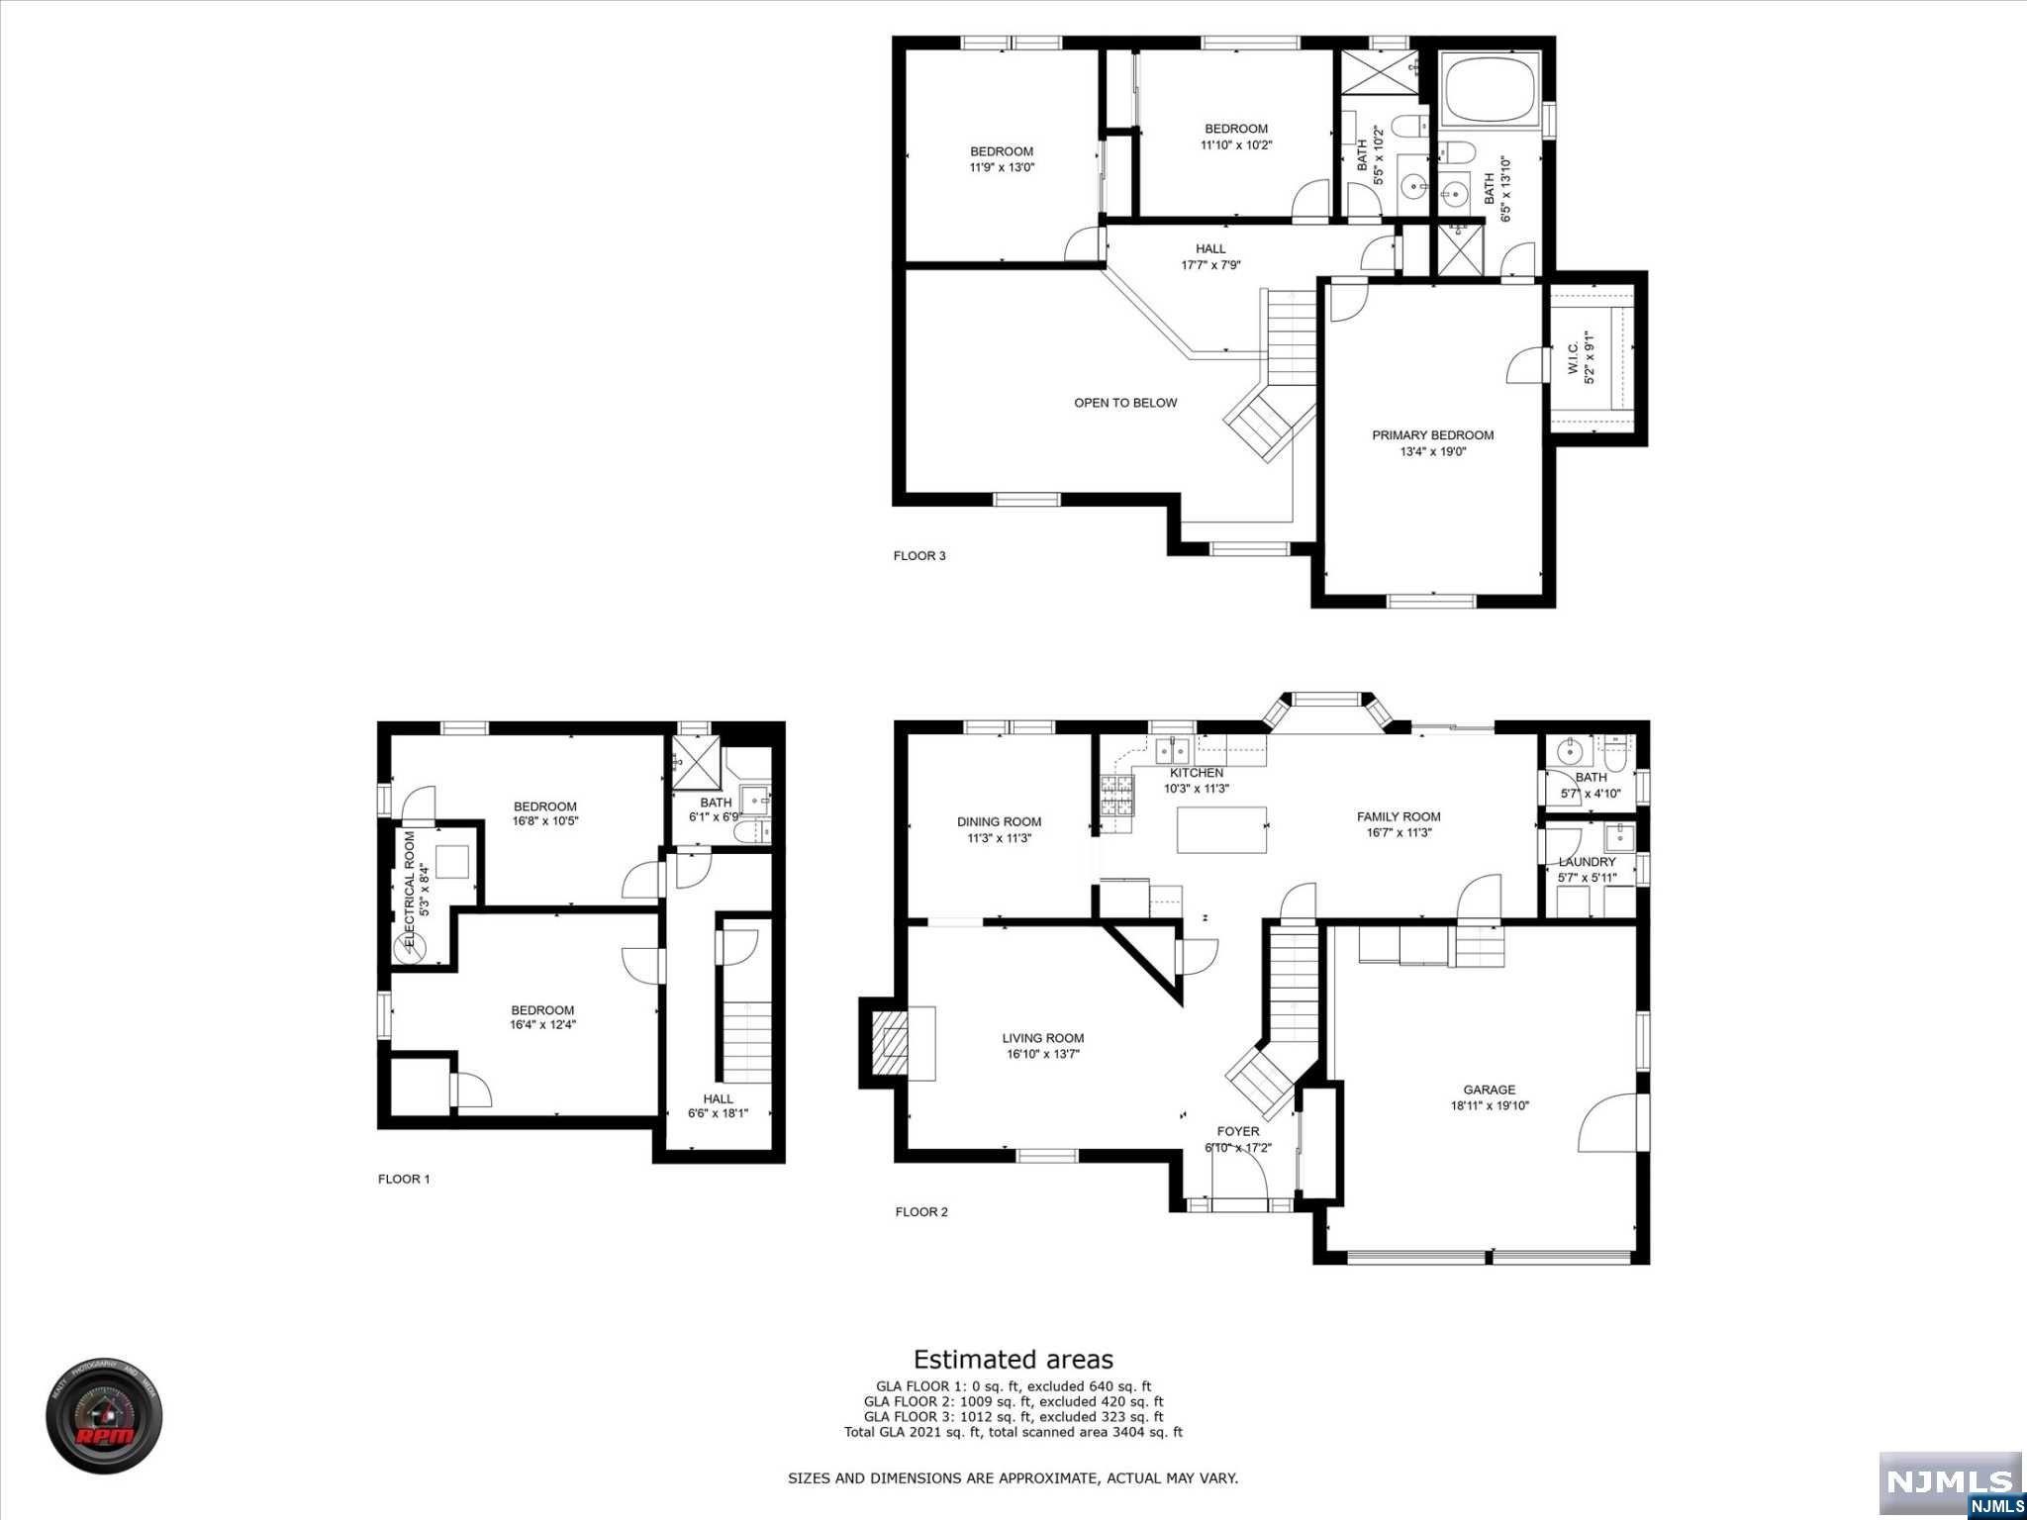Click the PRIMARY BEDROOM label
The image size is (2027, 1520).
(x=1432, y=435)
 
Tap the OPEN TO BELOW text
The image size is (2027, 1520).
(x=1125, y=403)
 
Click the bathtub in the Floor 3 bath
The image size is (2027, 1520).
(x=1490, y=91)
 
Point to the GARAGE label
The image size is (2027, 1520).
(x=1489, y=1090)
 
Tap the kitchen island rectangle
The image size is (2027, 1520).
(x=1221, y=829)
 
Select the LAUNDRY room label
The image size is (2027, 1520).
(x=1587, y=862)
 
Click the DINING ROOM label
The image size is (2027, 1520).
(x=999, y=821)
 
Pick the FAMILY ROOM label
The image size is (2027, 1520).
(x=1398, y=816)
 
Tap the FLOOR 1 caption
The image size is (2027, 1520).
(x=404, y=1179)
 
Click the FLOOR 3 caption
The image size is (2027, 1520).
(x=919, y=555)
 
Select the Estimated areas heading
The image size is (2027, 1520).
(x=1013, y=1360)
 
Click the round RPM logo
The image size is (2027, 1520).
(x=104, y=1416)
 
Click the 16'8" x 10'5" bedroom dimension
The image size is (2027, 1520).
(x=544, y=821)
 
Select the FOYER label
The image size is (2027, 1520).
(x=1237, y=1131)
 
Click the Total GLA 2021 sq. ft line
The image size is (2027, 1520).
(x=1013, y=1432)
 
